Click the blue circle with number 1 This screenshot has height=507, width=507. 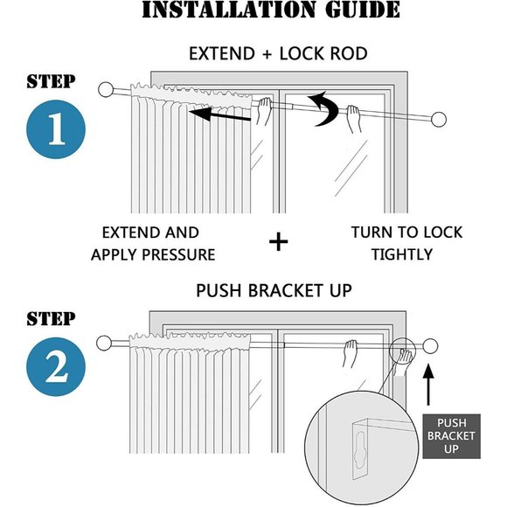pos(56,129)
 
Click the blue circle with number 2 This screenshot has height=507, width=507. pos(56,366)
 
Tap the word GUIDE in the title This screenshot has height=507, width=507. pos(362,10)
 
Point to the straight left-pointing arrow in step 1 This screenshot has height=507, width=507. pos(220,115)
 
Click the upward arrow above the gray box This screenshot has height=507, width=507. pos(428,385)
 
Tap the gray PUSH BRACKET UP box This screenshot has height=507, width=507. pos(451,436)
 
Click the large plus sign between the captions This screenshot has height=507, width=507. pos(278,242)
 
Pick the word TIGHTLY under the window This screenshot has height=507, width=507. pos(402,254)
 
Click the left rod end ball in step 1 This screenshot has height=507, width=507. pos(106,89)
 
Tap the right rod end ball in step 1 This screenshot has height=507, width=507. pos(439,119)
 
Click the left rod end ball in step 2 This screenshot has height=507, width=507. pos(104,343)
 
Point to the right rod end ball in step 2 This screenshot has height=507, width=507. pos(430,345)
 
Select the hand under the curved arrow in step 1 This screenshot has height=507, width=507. pos(353,119)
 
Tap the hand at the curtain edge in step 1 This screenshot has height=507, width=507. pos(263,111)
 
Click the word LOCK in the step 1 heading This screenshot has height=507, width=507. pos(300,53)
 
